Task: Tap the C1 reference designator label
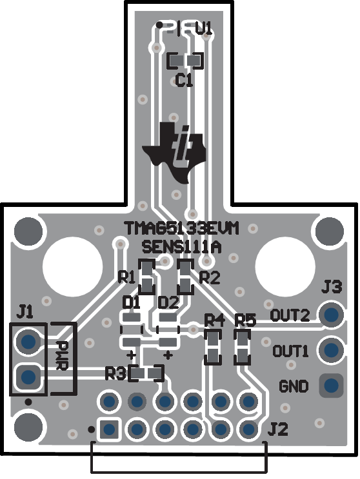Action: click(x=185, y=81)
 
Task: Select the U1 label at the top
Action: click(x=203, y=28)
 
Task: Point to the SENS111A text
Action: click(x=182, y=247)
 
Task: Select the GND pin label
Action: click(x=294, y=387)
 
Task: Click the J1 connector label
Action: click(x=25, y=313)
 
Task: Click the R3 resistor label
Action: click(x=116, y=373)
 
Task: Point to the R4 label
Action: click(x=214, y=320)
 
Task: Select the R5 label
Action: click(x=245, y=320)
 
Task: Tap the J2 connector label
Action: click(x=275, y=428)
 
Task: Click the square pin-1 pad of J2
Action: click(x=108, y=428)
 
